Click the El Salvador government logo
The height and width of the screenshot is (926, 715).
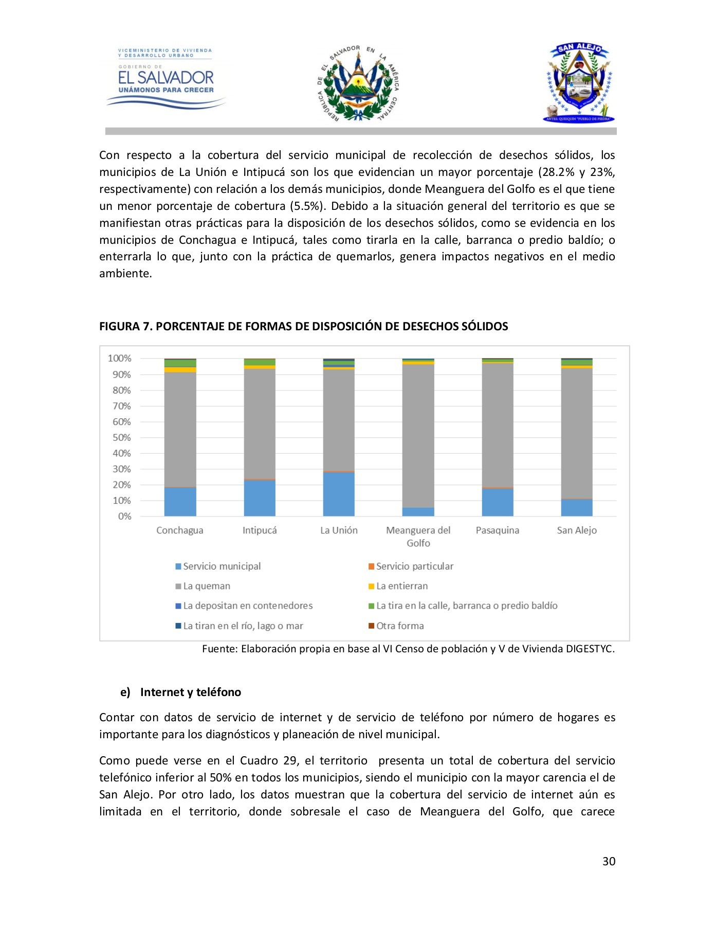166,77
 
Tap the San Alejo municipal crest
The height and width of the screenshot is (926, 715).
579,82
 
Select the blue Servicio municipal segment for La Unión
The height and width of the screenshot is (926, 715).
339,494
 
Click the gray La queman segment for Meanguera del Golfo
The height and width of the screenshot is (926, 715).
418,435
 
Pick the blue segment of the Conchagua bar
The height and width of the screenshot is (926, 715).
180,502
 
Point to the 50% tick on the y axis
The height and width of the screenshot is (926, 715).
122,438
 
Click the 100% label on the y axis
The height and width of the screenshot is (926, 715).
119,359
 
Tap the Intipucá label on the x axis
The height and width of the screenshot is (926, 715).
260,530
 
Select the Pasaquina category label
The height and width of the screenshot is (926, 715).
497,530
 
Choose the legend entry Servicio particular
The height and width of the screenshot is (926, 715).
414,566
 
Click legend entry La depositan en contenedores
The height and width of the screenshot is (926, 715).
247,606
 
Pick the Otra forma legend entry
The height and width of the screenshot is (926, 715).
399,626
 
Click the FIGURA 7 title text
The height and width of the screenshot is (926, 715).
303,327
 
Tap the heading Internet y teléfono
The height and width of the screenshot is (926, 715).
190,692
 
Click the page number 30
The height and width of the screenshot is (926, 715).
609,862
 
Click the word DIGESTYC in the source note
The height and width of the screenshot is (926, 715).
590,649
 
